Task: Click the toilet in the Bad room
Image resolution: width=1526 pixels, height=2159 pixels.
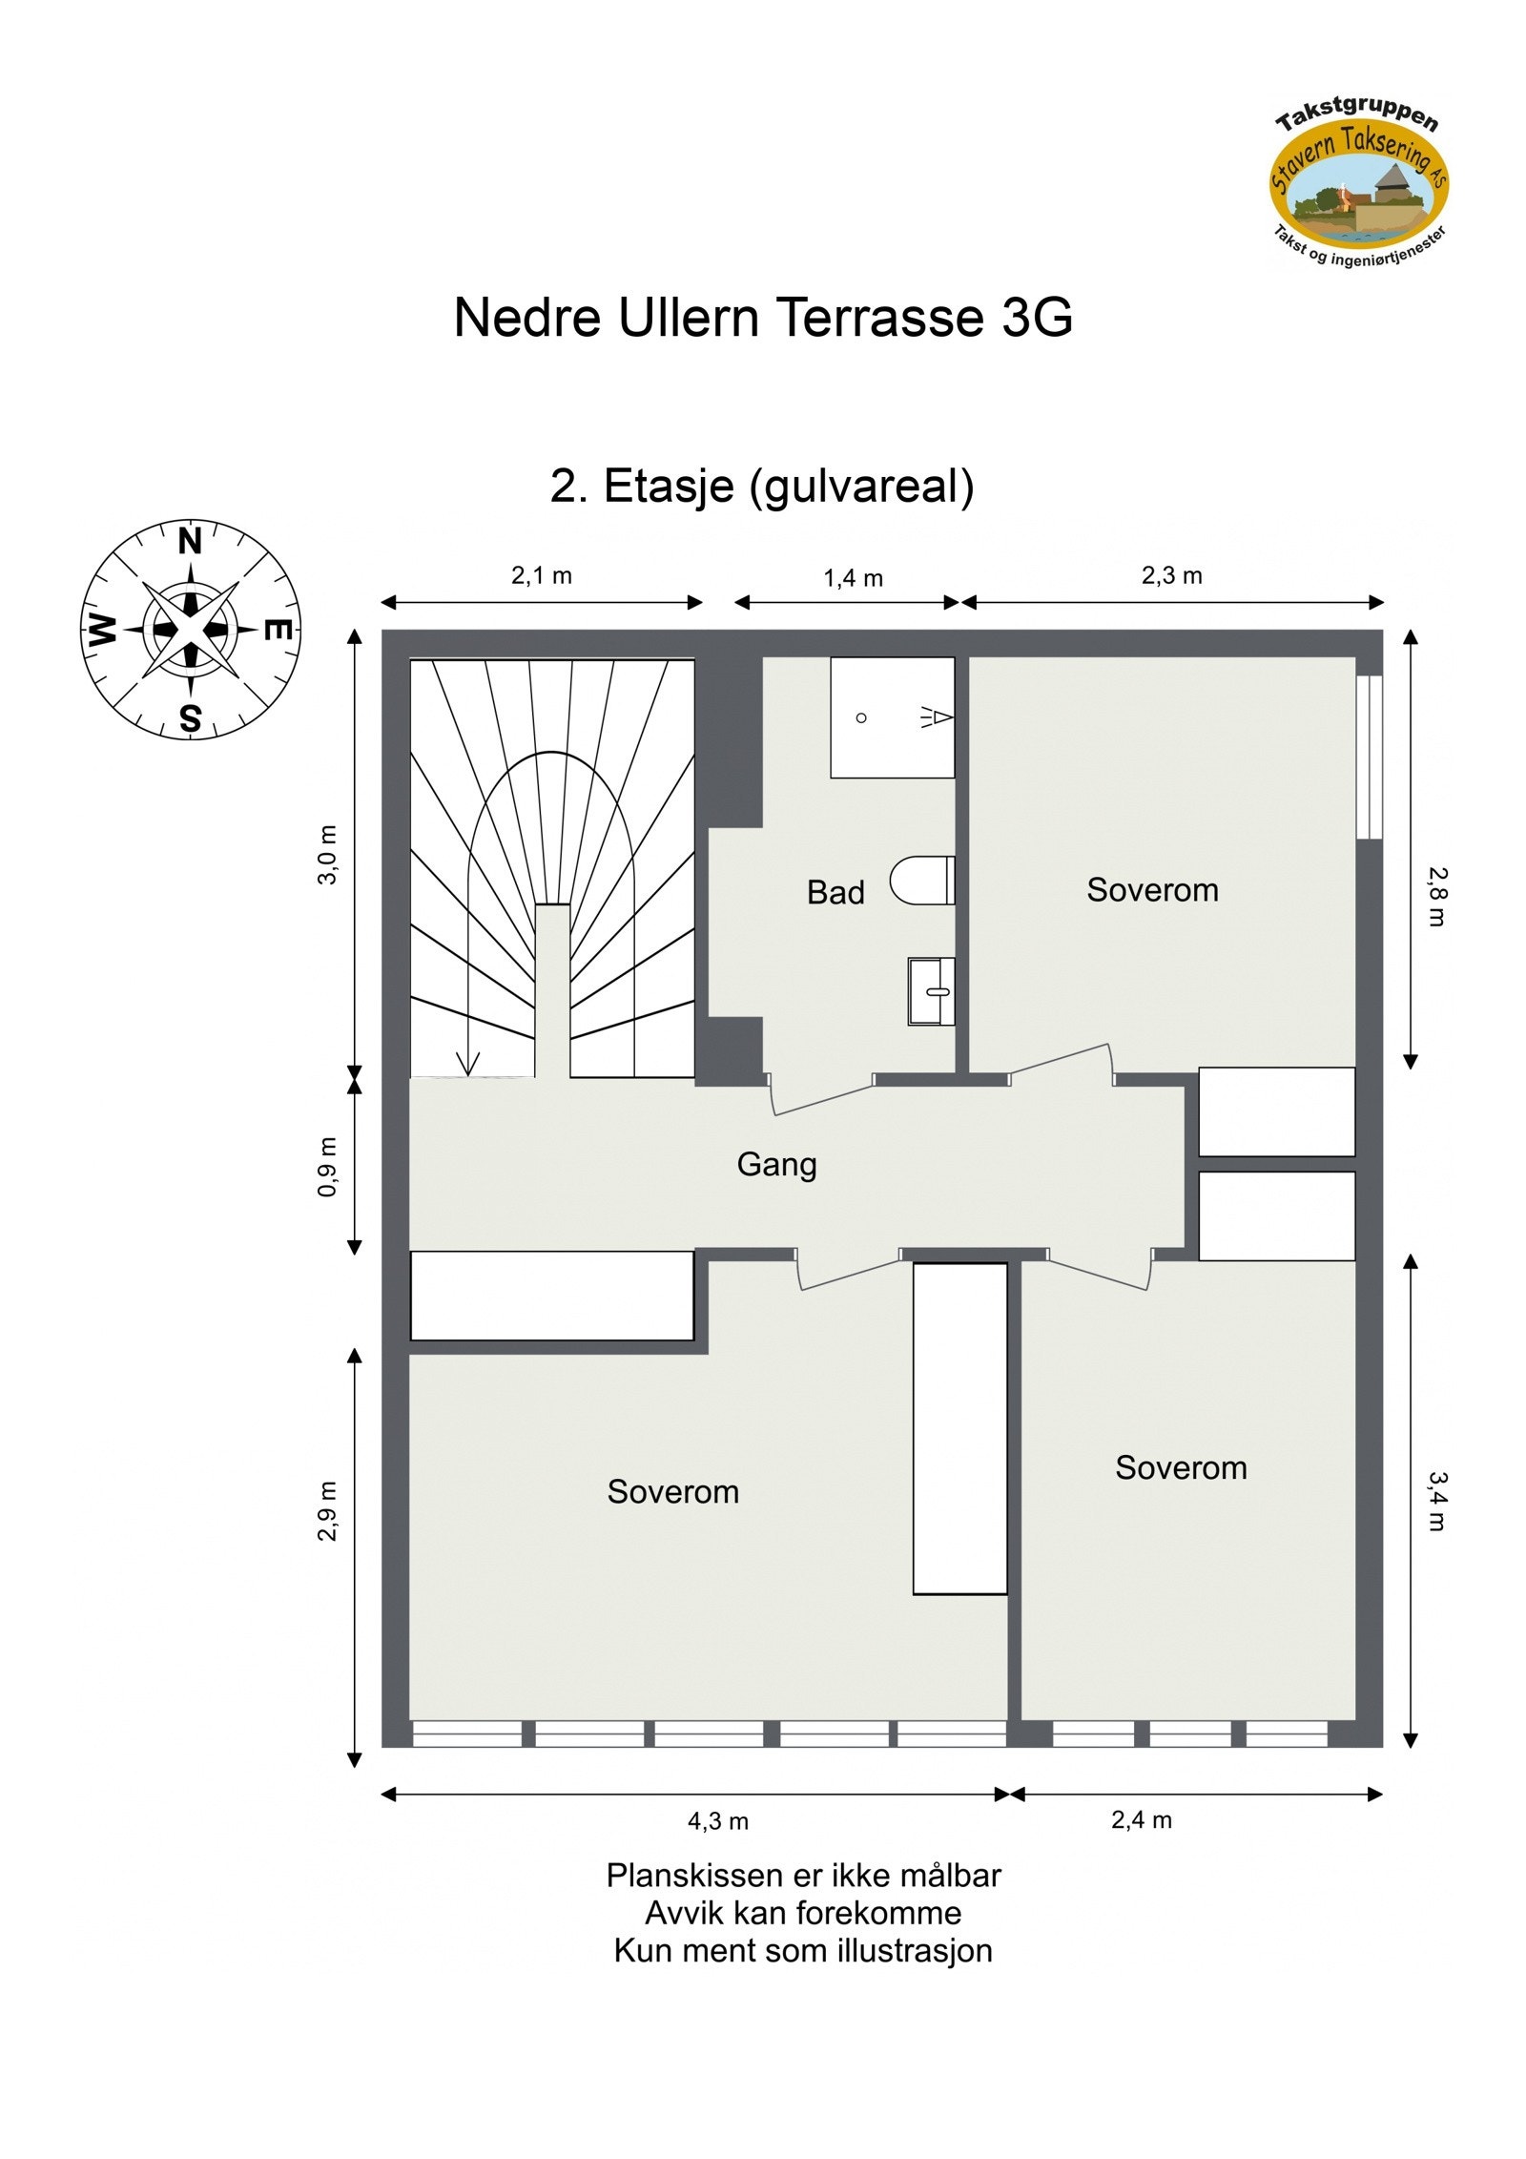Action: [x=922, y=880]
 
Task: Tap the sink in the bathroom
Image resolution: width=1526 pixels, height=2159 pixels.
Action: [x=931, y=991]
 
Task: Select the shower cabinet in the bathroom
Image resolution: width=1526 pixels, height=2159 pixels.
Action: [x=892, y=717]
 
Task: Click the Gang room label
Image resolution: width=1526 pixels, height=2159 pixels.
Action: [x=776, y=1165]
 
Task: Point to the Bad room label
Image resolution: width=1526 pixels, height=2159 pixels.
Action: [x=835, y=893]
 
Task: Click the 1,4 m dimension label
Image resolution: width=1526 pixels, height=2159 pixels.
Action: [x=853, y=578]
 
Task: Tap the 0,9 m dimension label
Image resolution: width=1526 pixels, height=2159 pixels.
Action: [x=327, y=1167]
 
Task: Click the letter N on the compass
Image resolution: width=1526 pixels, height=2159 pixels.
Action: [x=191, y=542]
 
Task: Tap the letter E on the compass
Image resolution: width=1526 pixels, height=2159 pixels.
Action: [x=277, y=631]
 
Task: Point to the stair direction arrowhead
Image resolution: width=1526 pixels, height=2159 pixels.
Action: [x=468, y=1063]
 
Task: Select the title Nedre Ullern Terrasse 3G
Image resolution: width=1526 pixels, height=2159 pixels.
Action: [x=763, y=318]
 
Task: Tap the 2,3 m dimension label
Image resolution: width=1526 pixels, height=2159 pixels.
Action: [x=1171, y=576]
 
